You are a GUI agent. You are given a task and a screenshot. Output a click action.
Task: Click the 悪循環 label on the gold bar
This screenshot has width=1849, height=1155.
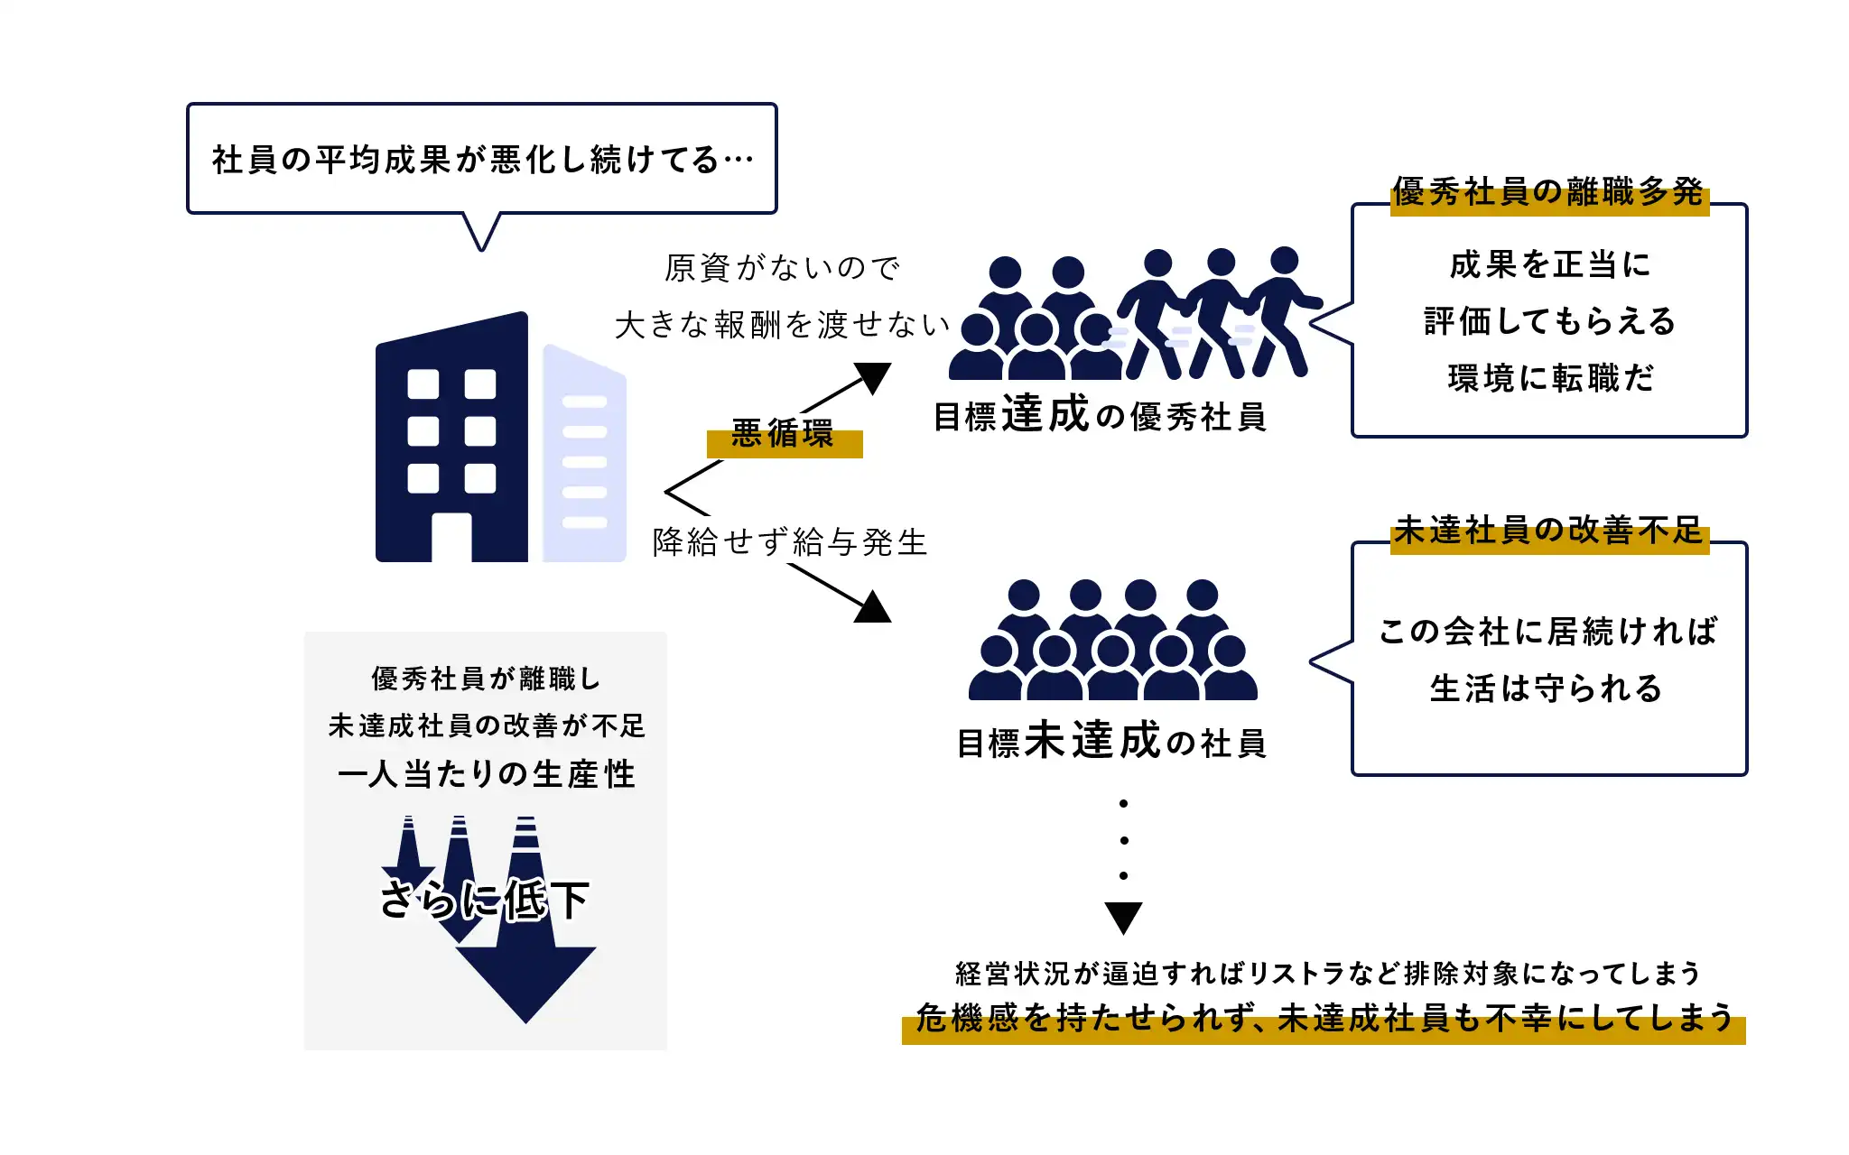pyautogui.click(x=783, y=435)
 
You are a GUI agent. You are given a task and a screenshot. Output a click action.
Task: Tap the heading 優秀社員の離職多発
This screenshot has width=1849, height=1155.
pyautogui.click(x=1548, y=192)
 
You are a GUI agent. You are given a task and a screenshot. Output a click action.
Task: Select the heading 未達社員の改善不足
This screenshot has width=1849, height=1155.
pyautogui.click(x=1548, y=531)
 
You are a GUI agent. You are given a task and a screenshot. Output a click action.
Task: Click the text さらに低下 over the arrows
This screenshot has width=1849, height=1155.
pyautogui.click(x=485, y=900)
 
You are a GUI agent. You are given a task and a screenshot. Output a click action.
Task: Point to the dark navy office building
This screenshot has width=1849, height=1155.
pyautogui.click(x=451, y=433)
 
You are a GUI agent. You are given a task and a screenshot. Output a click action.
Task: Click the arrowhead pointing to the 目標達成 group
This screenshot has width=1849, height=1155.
pyautogui.click(x=872, y=377)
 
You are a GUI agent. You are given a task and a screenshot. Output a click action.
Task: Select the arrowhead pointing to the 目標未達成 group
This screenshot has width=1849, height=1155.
pyautogui.click(x=872, y=607)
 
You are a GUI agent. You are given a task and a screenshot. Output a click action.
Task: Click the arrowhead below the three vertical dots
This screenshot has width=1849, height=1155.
pyautogui.click(x=1123, y=917)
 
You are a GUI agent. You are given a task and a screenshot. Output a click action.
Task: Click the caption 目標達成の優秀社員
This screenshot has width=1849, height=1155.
pyautogui.click(x=1100, y=416)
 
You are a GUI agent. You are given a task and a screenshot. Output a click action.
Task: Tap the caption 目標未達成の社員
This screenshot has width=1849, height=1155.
pyautogui.click(x=1111, y=742)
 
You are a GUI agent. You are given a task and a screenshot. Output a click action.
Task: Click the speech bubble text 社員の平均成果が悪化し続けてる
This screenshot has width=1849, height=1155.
pyautogui.click(x=482, y=160)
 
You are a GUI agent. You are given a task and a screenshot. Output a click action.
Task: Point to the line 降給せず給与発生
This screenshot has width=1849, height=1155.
pyautogui.click(x=790, y=542)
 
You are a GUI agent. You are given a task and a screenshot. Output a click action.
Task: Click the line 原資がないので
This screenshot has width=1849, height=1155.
pyautogui.click(x=782, y=268)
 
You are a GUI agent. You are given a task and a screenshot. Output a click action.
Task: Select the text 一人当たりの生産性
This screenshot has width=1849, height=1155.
pyautogui.click(x=486, y=774)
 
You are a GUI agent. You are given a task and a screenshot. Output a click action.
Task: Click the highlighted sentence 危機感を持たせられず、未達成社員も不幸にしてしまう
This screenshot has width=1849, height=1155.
pyautogui.click(x=1324, y=1019)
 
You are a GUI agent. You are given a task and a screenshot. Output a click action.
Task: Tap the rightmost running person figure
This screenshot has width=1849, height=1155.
pyautogui.click(x=1280, y=311)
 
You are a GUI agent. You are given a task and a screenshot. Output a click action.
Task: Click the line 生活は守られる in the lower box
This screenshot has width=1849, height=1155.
pyautogui.click(x=1546, y=688)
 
